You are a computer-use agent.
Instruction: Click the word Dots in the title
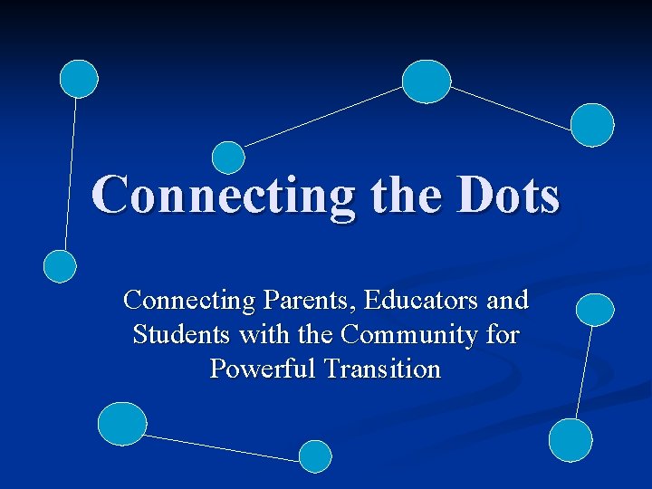coord(509,196)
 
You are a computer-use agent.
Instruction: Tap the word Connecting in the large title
coord(223,196)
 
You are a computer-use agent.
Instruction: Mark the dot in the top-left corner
coord(79,79)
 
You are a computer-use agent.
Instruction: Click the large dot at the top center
coord(426,81)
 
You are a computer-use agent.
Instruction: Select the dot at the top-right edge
coord(592,124)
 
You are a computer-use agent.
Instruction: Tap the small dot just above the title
coord(228,157)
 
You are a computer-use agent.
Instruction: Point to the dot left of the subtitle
coord(61,266)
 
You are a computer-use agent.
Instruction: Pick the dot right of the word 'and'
coord(595,310)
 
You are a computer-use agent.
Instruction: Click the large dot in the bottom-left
coord(122,424)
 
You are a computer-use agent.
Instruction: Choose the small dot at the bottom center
coord(315,456)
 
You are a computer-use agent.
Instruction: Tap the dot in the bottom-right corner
coord(570,440)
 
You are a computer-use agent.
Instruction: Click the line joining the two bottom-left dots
coord(222,447)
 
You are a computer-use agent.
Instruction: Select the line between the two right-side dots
coord(583,372)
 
